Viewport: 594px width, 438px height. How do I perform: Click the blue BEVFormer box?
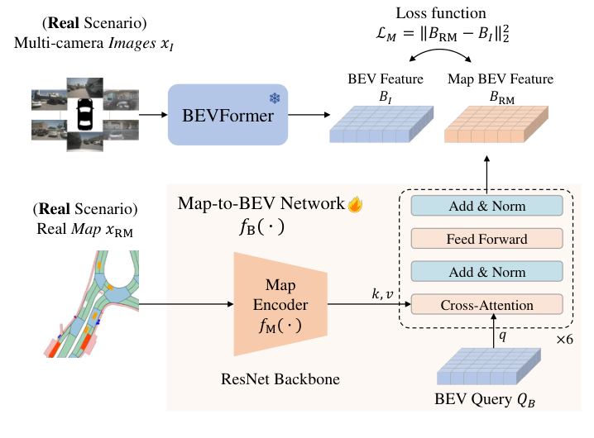coord(228,115)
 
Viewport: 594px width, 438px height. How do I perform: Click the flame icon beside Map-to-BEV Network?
coord(357,202)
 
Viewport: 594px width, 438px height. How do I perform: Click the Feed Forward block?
coord(486,239)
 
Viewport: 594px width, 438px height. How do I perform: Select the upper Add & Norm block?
coord(486,207)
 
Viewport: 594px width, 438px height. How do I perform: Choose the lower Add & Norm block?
coord(486,271)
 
